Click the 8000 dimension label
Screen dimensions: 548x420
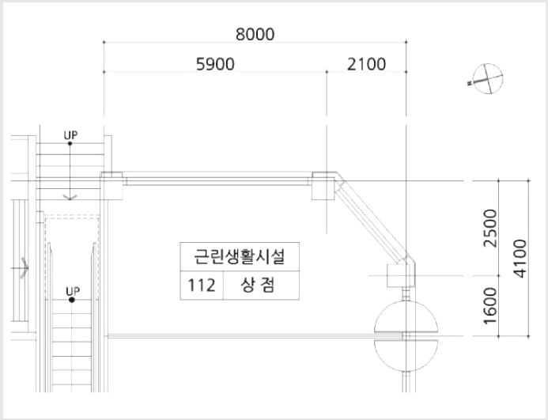[x=255, y=34]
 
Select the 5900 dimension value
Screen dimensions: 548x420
[x=215, y=64]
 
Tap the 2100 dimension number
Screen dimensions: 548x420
[x=367, y=64]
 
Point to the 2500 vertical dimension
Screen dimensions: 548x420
[x=489, y=228]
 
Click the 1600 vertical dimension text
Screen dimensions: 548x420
[x=489, y=306]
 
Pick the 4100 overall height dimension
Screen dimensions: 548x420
[x=520, y=259]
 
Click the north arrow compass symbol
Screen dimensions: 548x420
[x=487, y=78]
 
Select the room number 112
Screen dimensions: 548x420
[x=202, y=286]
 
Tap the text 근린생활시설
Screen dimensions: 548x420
[x=240, y=256]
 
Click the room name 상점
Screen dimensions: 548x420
[x=258, y=285]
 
